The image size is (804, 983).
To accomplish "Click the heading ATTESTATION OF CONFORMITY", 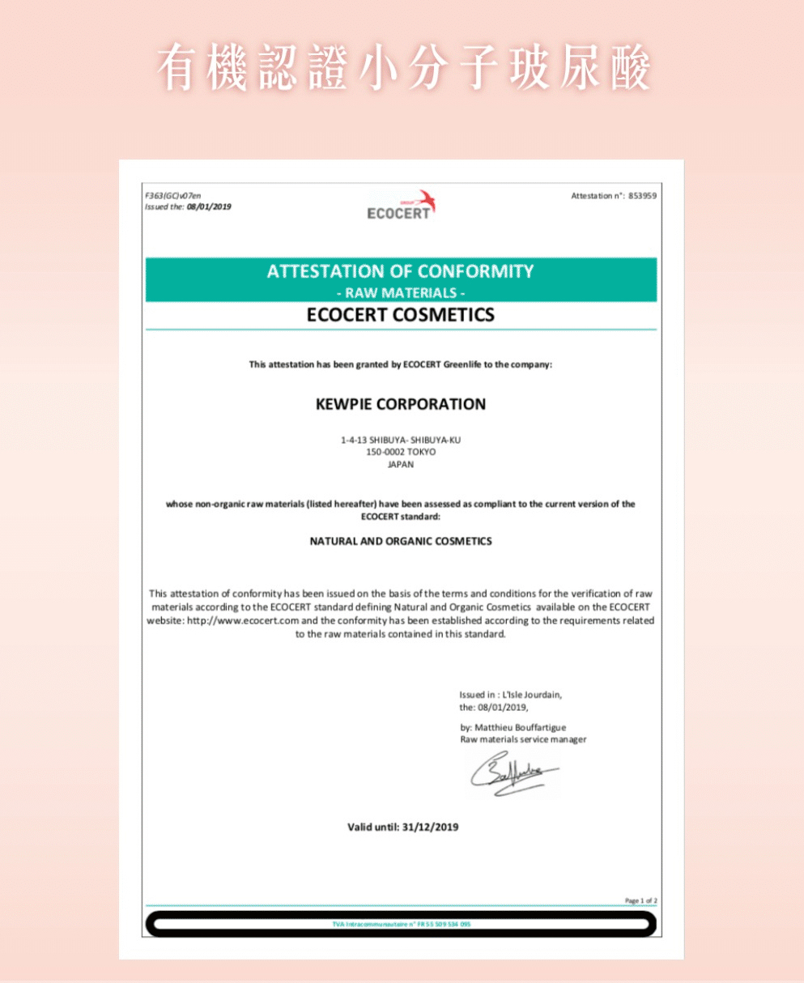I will tap(401, 271).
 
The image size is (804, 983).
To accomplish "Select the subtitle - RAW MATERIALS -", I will tap(401, 292).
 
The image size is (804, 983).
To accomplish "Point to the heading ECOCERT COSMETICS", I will tap(401, 315).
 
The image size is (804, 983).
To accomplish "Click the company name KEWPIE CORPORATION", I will tap(401, 404).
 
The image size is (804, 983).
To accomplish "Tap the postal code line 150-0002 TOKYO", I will tap(401, 452).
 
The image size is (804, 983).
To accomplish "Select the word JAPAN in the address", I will tap(401, 465).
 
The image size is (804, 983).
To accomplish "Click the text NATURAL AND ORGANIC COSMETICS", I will tap(401, 541).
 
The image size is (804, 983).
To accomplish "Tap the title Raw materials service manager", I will tap(523, 739).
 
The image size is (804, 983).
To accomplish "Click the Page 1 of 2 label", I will tap(641, 900).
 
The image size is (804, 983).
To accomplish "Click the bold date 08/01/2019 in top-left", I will tap(209, 207).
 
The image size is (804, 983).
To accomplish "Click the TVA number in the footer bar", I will tap(401, 924).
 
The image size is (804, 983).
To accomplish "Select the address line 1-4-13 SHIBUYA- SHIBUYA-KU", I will tap(401, 440).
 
